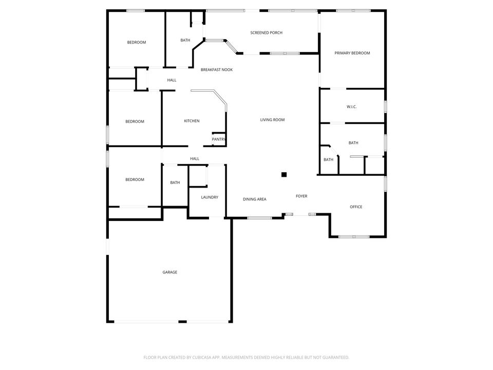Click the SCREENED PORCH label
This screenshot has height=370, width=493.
(x=266, y=33)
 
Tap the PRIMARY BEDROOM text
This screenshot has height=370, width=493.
(x=352, y=53)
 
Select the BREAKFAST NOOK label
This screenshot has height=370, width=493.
(x=216, y=69)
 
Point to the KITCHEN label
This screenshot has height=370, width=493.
(x=192, y=121)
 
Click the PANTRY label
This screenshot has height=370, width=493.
(x=219, y=139)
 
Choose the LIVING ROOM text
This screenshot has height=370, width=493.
(x=272, y=120)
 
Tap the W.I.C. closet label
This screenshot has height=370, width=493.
(x=351, y=107)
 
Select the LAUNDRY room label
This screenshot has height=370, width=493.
(x=210, y=197)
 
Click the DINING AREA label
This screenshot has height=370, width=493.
(x=254, y=199)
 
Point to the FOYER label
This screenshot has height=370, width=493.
(x=301, y=196)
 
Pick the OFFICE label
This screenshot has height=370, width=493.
(x=356, y=207)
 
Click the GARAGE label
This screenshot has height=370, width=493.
(x=170, y=272)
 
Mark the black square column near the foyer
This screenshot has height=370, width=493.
(x=283, y=175)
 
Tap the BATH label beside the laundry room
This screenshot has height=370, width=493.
(x=175, y=182)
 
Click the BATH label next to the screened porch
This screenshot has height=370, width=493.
(x=185, y=40)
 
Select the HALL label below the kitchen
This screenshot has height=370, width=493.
(x=195, y=159)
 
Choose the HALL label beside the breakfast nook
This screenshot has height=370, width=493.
(x=172, y=80)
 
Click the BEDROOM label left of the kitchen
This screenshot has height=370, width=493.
(x=135, y=122)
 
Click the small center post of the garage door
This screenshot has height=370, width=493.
(x=182, y=322)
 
